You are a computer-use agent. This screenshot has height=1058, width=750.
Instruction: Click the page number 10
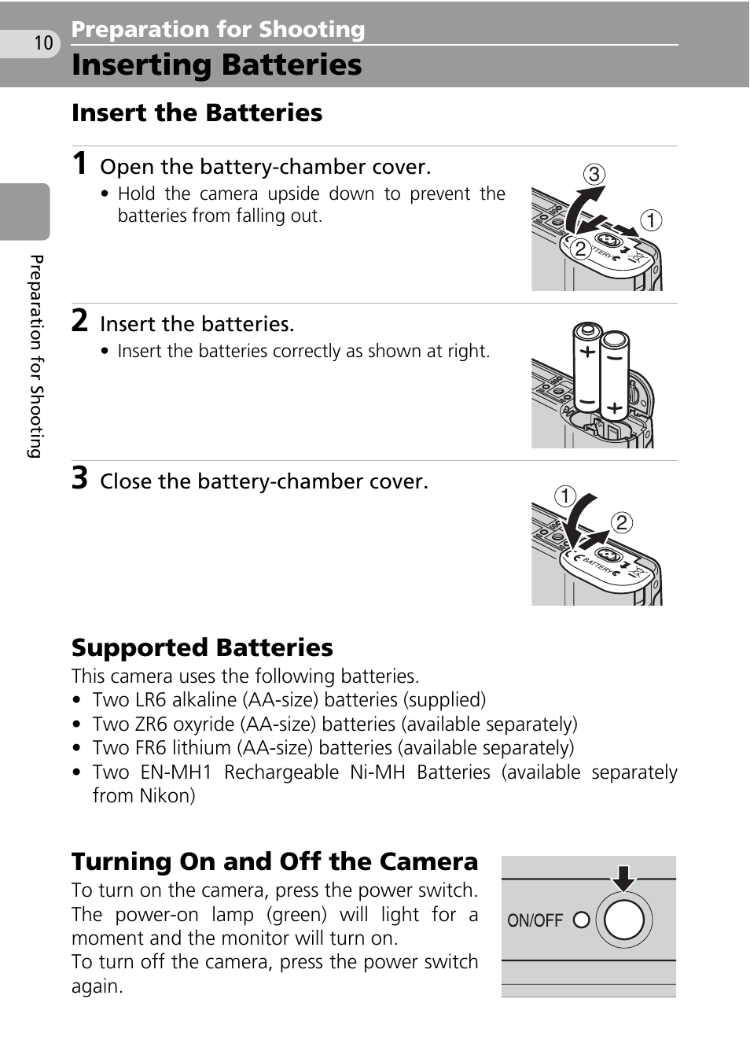tap(43, 42)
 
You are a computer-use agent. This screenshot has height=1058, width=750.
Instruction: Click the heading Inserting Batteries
tap(216, 65)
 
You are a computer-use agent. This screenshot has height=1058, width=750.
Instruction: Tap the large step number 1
tap(79, 164)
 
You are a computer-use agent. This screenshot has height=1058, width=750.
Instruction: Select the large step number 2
tap(79, 321)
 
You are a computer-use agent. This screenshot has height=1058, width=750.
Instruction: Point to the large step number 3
tap(79, 478)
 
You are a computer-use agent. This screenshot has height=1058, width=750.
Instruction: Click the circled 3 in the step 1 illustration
tap(594, 174)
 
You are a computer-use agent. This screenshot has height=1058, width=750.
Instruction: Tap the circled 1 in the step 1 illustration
tap(650, 220)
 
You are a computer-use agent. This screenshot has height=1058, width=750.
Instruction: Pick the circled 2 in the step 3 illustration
tap(621, 522)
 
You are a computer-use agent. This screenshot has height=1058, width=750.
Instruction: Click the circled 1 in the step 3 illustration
tap(565, 496)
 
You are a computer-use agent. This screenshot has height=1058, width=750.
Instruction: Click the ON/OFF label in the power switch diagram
tap(535, 920)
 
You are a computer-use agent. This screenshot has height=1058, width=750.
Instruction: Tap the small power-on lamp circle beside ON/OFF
tap(582, 920)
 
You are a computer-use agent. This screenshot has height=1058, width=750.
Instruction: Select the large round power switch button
tap(624, 920)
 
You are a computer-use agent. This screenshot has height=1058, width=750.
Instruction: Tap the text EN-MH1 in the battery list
tap(176, 772)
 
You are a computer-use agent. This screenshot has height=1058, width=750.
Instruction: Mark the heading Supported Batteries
tap(202, 647)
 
